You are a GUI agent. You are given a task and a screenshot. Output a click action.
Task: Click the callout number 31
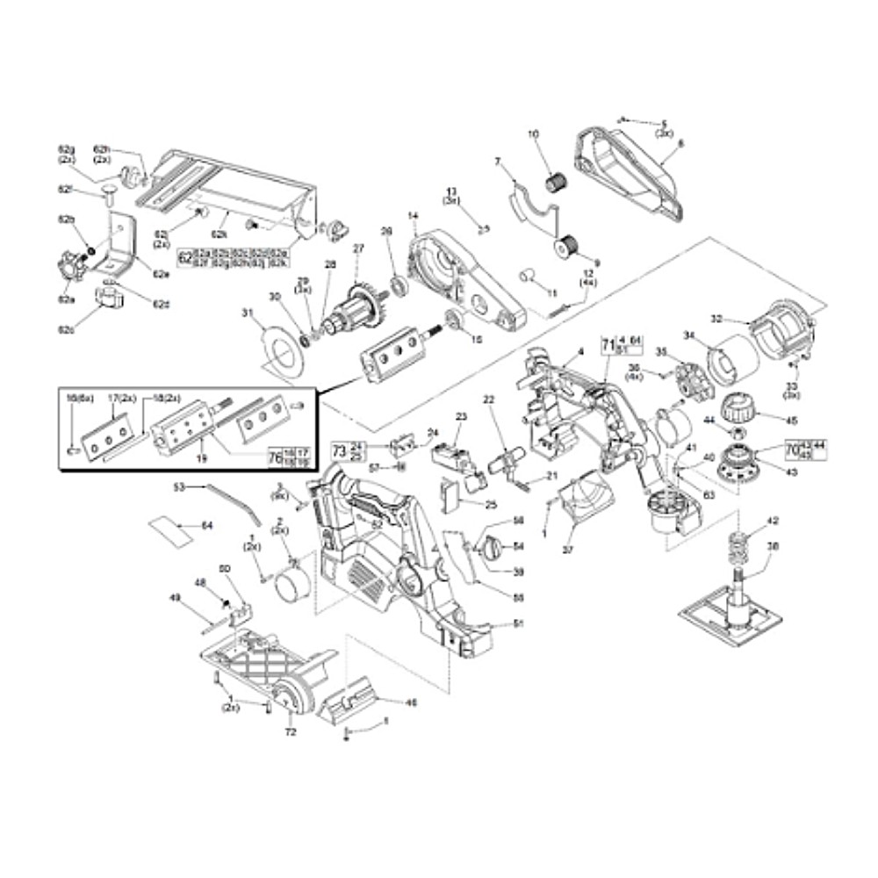(248, 313)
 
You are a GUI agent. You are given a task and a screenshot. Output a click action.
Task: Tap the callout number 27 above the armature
(357, 248)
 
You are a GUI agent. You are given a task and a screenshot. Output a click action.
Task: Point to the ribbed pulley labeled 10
(553, 183)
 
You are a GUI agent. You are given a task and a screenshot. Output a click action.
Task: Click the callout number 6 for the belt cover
(680, 142)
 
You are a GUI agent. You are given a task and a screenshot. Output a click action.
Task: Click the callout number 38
(773, 545)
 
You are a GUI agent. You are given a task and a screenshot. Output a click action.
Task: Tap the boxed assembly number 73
(339, 450)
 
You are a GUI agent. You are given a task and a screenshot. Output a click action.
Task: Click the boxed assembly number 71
(606, 344)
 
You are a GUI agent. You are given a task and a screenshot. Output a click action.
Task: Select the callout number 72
(291, 731)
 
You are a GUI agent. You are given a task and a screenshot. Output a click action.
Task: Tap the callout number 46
(410, 702)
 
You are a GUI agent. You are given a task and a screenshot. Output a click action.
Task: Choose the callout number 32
(716, 319)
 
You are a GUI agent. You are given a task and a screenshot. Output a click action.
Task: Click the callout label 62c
(66, 330)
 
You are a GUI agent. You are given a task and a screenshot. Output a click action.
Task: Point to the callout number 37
(567, 551)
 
